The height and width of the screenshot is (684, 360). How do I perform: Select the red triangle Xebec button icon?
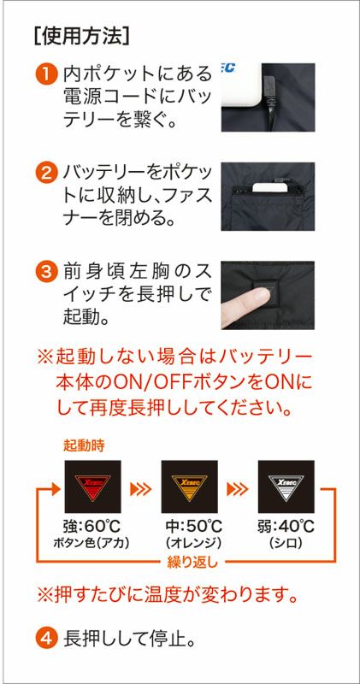(92, 486)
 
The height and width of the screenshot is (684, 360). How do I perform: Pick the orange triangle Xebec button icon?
(189, 486)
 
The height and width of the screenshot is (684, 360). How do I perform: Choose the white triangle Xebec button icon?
(286, 486)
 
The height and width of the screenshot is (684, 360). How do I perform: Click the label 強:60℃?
(92, 527)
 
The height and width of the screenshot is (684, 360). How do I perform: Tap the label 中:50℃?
(189, 527)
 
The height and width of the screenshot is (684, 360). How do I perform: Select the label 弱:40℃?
(286, 527)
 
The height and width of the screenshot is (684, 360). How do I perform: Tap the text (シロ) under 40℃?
(286, 543)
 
